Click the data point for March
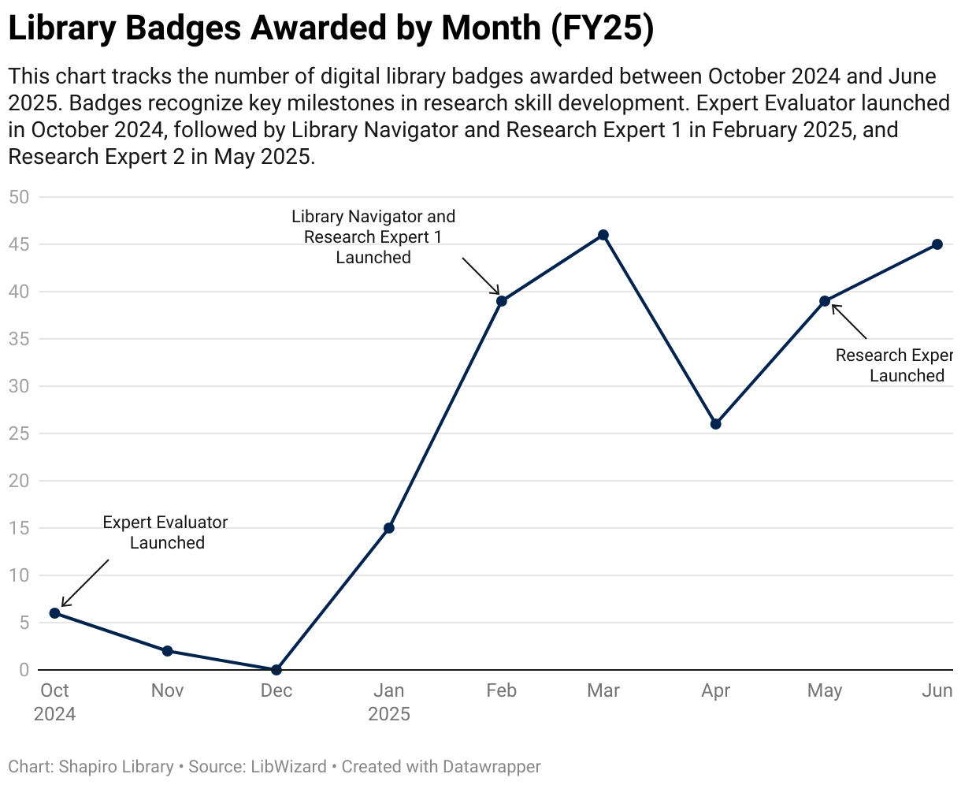[x=603, y=235]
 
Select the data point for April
[x=715, y=424]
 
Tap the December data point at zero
[x=276, y=670]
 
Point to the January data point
[x=388, y=528]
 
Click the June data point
[x=937, y=244]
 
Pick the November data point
[x=167, y=651]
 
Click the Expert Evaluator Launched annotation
[x=165, y=533]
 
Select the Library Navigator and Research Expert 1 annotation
[x=373, y=236]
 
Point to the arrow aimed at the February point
[x=481, y=276]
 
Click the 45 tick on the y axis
[x=19, y=244]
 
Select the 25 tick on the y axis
[x=19, y=433]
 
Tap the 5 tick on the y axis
[x=24, y=623]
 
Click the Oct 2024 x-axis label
[x=54, y=701]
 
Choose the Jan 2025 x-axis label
[x=388, y=701]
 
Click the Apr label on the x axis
[x=715, y=691]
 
